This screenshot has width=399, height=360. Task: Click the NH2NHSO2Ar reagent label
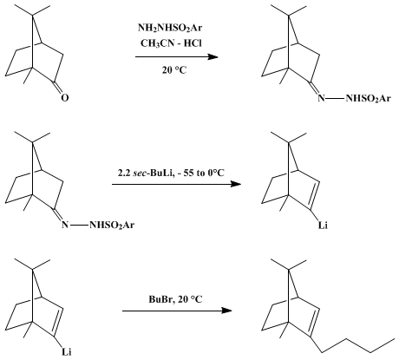170,29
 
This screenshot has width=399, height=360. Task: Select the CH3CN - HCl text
171,43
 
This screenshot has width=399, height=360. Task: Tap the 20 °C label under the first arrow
174,70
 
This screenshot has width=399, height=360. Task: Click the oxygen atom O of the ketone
65,98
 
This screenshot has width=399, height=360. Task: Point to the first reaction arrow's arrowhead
213,56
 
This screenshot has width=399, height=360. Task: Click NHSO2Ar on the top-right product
369,99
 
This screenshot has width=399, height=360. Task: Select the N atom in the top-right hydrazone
321,98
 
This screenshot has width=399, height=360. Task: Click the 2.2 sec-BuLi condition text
171,173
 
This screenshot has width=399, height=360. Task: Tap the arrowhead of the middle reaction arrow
236,184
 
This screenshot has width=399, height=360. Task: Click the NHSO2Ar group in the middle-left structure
112,225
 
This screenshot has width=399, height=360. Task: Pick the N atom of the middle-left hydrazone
65,225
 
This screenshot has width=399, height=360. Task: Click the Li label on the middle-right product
323,226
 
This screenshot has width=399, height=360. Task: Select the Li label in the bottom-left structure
67,352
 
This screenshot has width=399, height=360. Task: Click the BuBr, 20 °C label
175,299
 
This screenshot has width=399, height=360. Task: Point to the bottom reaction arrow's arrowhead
226,311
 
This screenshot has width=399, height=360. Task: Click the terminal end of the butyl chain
395,337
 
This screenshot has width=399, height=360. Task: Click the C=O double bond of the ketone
57,87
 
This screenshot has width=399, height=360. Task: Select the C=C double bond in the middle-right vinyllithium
315,195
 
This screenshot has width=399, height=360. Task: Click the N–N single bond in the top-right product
336,99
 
